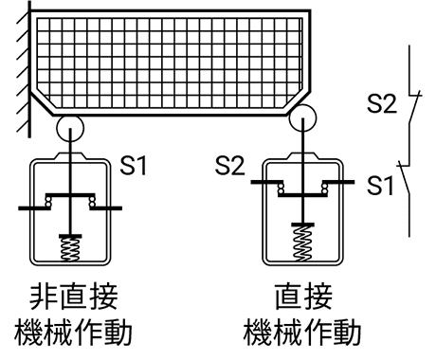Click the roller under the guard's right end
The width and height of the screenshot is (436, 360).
(303, 117)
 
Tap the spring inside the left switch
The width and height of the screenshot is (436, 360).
(72, 247)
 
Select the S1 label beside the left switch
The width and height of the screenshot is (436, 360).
(134, 169)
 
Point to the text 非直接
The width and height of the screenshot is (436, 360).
(71, 296)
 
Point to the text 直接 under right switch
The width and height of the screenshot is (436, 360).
(303, 296)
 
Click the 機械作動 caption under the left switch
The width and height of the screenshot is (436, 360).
(71, 333)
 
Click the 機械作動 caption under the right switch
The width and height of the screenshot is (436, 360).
(303, 333)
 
